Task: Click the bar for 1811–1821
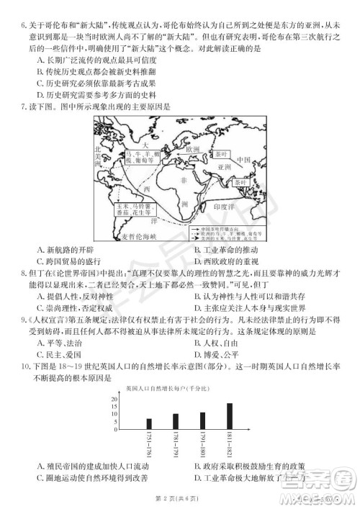coord(230,416)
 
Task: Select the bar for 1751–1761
coord(149,424)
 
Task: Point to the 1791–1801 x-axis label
coord(203,446)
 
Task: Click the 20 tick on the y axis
coord(114,398)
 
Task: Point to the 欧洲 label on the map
coord(192,150)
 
